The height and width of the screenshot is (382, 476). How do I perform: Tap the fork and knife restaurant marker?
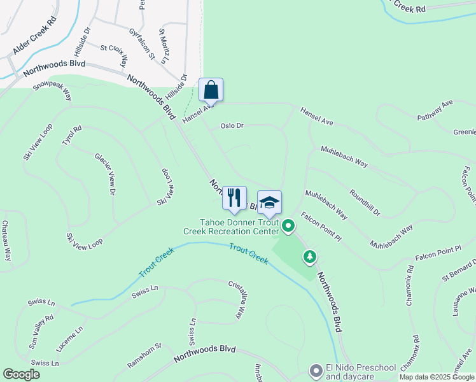[x=234, y=197]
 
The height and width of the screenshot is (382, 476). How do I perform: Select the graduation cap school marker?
[x=269, y=202]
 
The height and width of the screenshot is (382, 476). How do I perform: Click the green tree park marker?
[x=310, y=257]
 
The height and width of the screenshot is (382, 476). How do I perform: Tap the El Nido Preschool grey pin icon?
[x=315, y=370]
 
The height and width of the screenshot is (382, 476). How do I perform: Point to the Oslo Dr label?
[x=232, y=126]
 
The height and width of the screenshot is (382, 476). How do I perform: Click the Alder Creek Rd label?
[x=34, y=36]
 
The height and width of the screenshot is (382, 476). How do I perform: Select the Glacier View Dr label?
[x=105, y=173]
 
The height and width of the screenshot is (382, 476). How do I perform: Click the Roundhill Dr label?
[x=364, y=202]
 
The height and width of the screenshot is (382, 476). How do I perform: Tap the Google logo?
[x=21, y=374]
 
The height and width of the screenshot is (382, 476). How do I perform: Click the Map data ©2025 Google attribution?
[x=437, y=377]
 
